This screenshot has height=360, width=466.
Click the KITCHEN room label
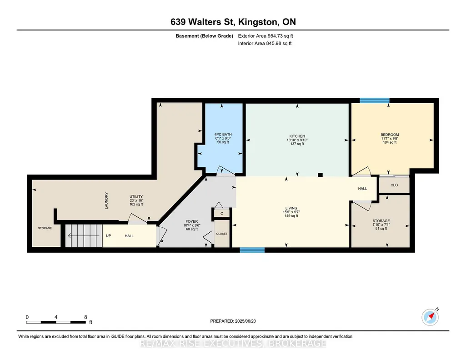(x=297, y=136)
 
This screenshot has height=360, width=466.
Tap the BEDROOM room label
(x=390, y=135)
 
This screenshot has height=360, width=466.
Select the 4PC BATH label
(x=223, y=135)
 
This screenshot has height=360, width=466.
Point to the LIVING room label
(x=291, y=208)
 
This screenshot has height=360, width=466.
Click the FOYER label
(x=192, y=221)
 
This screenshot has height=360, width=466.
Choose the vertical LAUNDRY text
(x=106, y=200)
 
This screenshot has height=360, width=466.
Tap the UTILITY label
(x=136, y=197)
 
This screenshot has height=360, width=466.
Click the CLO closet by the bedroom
(x=394, y=185)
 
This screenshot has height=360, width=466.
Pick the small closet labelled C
(x=222, y=214)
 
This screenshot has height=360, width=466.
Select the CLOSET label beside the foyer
(x=222, y=234)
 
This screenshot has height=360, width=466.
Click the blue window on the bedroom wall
(x=375, y=100)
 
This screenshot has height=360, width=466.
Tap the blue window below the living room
(x=252, y=250)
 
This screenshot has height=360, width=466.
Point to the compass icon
(x=430, y=317)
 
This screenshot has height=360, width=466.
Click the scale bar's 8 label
(x=85, y=317)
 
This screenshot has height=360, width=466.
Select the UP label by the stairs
(x=109, y=236)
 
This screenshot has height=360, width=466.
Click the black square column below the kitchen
(x=320, y=175)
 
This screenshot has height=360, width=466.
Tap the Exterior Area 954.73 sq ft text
(x=266, y=36)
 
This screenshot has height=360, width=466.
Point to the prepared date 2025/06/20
(x=245, y=321)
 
